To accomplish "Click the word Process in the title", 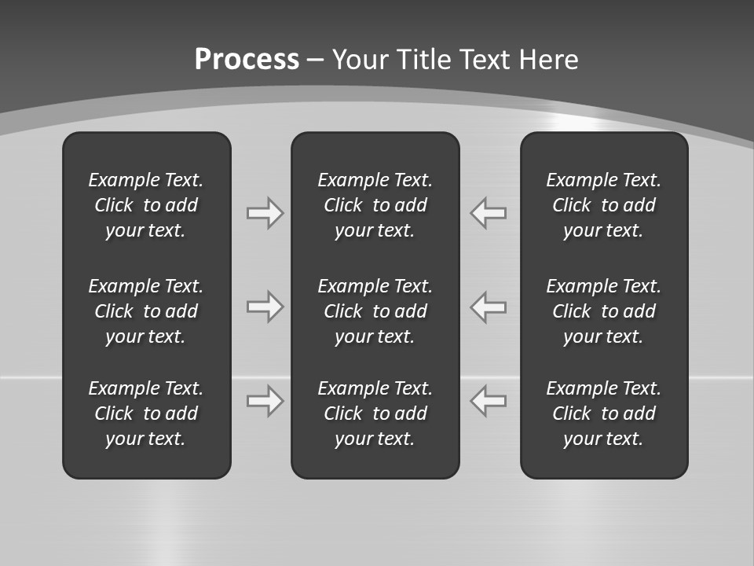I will coord(247,59).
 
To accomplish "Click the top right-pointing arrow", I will coord(265,213).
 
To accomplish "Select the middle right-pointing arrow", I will coord(265,307).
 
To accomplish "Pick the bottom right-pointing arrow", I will coord(265,401).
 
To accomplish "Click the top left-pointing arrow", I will coord(489,213).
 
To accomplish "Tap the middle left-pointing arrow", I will coord(489,307).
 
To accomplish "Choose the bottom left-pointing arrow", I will coord(489,401).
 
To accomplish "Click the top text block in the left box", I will coord(146,205).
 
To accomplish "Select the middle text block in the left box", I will coord(146,311).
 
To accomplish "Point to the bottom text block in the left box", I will coord(146,413).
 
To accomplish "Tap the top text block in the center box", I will coord(375,205).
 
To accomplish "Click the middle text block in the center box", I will coord(375,311).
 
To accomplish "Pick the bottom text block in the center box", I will coord(375,413).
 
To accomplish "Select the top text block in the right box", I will coord(603,205).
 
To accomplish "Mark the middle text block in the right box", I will coord(603,311).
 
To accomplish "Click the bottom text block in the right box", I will coord(603,413).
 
